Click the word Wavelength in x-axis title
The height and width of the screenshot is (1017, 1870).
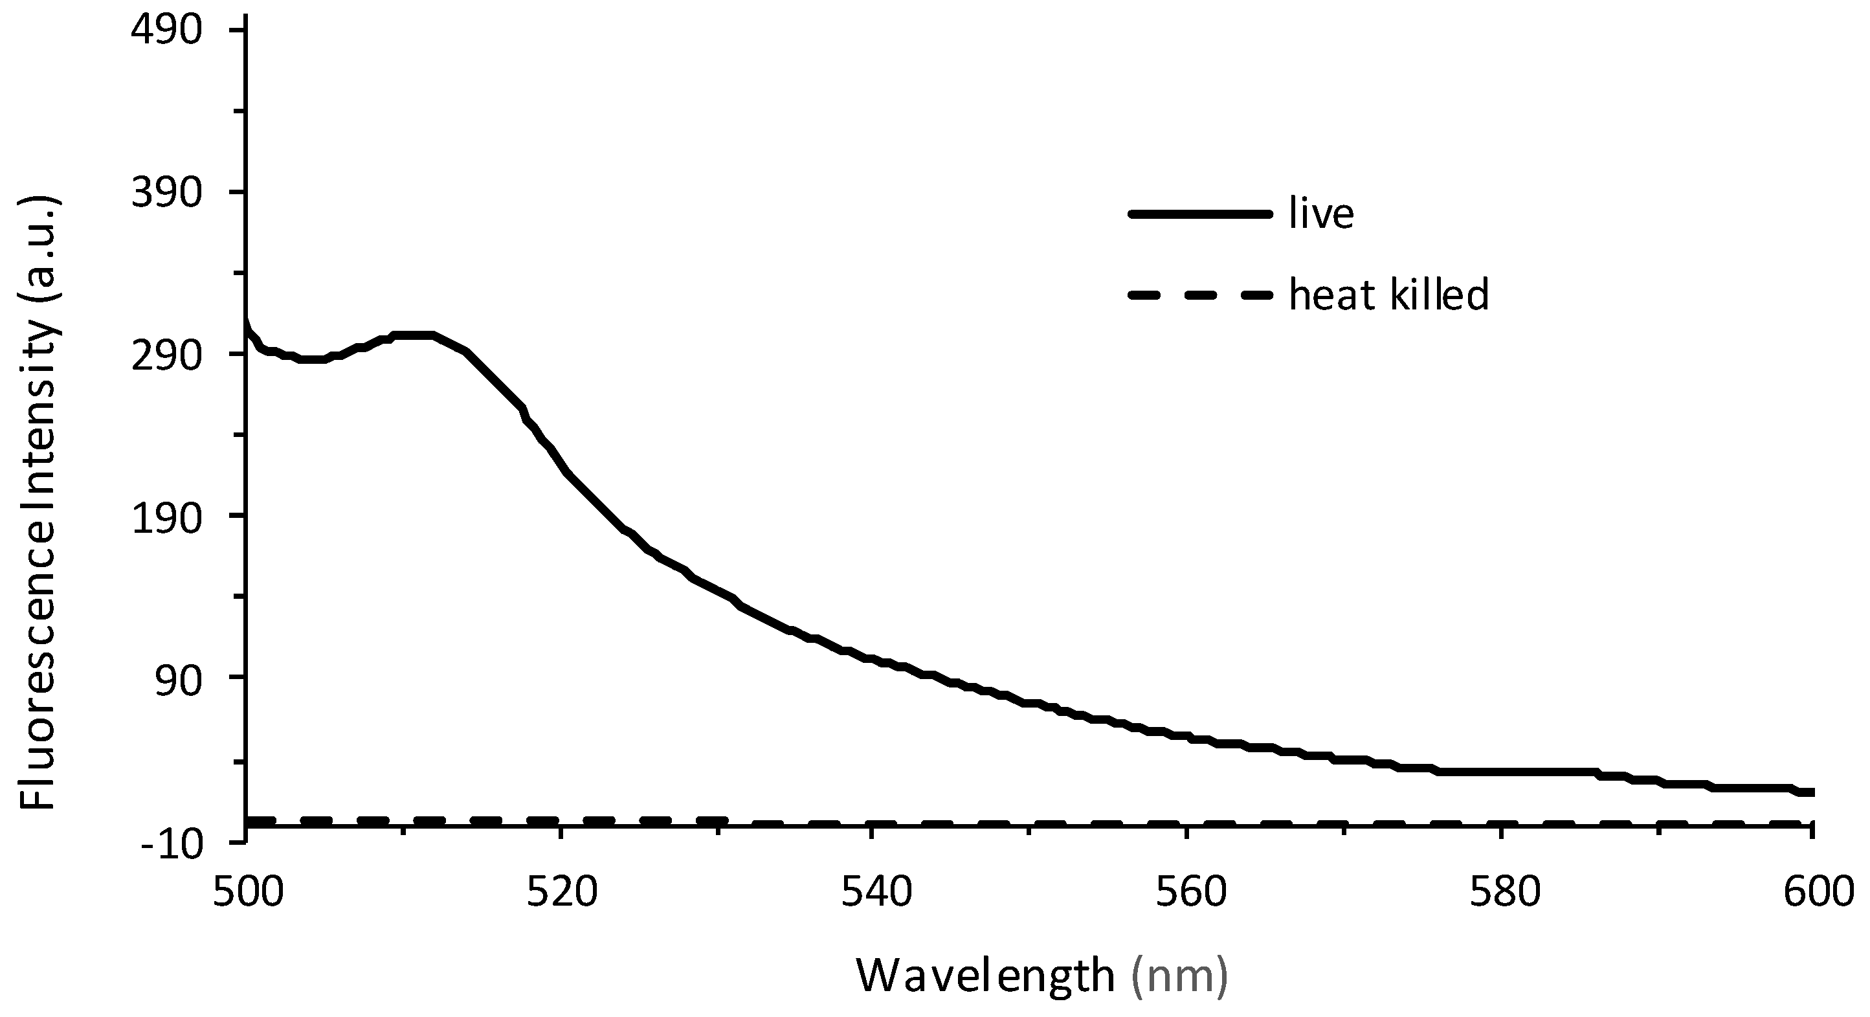pos(985,976)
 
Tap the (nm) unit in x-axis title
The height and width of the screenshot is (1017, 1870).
pos(1179,976)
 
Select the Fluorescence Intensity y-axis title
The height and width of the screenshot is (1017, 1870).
pos(38,501)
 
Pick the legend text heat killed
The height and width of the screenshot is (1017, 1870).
pos(1388,295)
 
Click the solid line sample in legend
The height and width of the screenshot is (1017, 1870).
pos(1201,214)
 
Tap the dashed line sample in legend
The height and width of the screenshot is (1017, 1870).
pos(1201,295)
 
